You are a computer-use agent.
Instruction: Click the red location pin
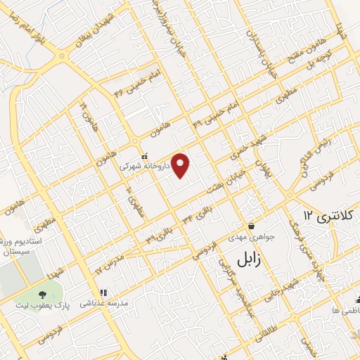181,165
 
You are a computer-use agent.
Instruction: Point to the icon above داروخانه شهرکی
144,156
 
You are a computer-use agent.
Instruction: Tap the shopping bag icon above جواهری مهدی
251,226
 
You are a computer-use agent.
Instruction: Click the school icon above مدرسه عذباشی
103,292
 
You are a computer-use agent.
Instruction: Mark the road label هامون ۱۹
83,109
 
